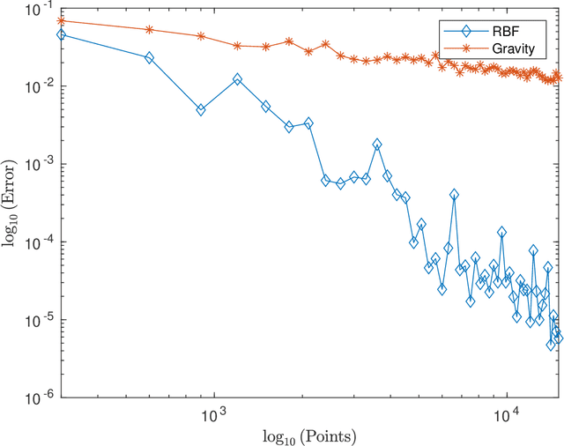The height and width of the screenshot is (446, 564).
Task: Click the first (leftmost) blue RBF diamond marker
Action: [x=61, y=34]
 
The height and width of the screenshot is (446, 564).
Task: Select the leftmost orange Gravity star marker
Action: [x=61, y=20]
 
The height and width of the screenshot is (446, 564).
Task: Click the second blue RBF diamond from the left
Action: [x=149, y=57]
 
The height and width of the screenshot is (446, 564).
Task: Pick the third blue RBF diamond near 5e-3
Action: [x=201, y=110]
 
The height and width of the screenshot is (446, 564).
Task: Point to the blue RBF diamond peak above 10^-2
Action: [x=237, y=79]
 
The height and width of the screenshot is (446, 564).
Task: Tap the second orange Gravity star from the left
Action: [x=149, y=29]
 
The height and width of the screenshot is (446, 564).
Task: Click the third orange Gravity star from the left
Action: [x=201, y=36]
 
